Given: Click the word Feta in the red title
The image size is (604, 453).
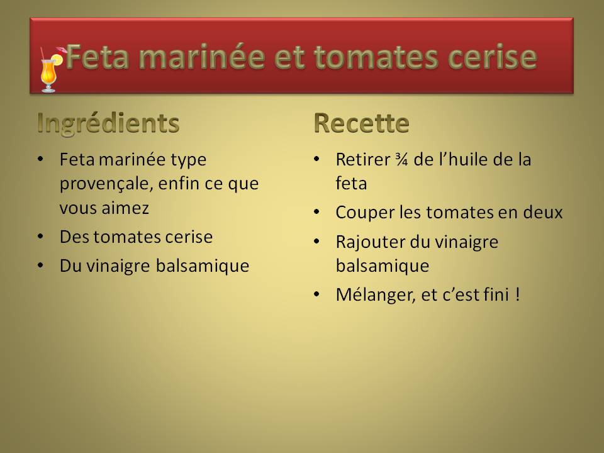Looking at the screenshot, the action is pyautogui.click(x=97, y=57).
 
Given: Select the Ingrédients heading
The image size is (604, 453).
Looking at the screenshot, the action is pyautogui.click(x=108, y=124).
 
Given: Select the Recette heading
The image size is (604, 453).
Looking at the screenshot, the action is pyautogui.click(x=361, y=123).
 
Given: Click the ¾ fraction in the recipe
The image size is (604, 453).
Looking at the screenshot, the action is pyautogui.click(x=401, y=159).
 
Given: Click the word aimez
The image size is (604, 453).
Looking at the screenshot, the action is pyautogui.click(x=126, y=208).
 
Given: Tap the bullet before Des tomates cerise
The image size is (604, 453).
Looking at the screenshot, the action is pyautogui.click(x=40, y=236).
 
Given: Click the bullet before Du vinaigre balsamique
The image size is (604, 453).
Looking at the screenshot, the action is pyautogui.click(x=40, y=265).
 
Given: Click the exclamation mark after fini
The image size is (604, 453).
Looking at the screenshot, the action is pyautogui.click(x=517, y=294).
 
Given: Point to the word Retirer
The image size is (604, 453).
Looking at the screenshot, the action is pyautogui.click(x=363, y=159).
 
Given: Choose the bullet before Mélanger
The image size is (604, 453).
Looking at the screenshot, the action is pyautogui.click(x=316, y=294).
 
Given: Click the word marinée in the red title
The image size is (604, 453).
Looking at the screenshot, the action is pyautogui.click(x=202, y=57).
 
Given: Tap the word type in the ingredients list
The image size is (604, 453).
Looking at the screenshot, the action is pyautogui.click(x=188, y=160).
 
